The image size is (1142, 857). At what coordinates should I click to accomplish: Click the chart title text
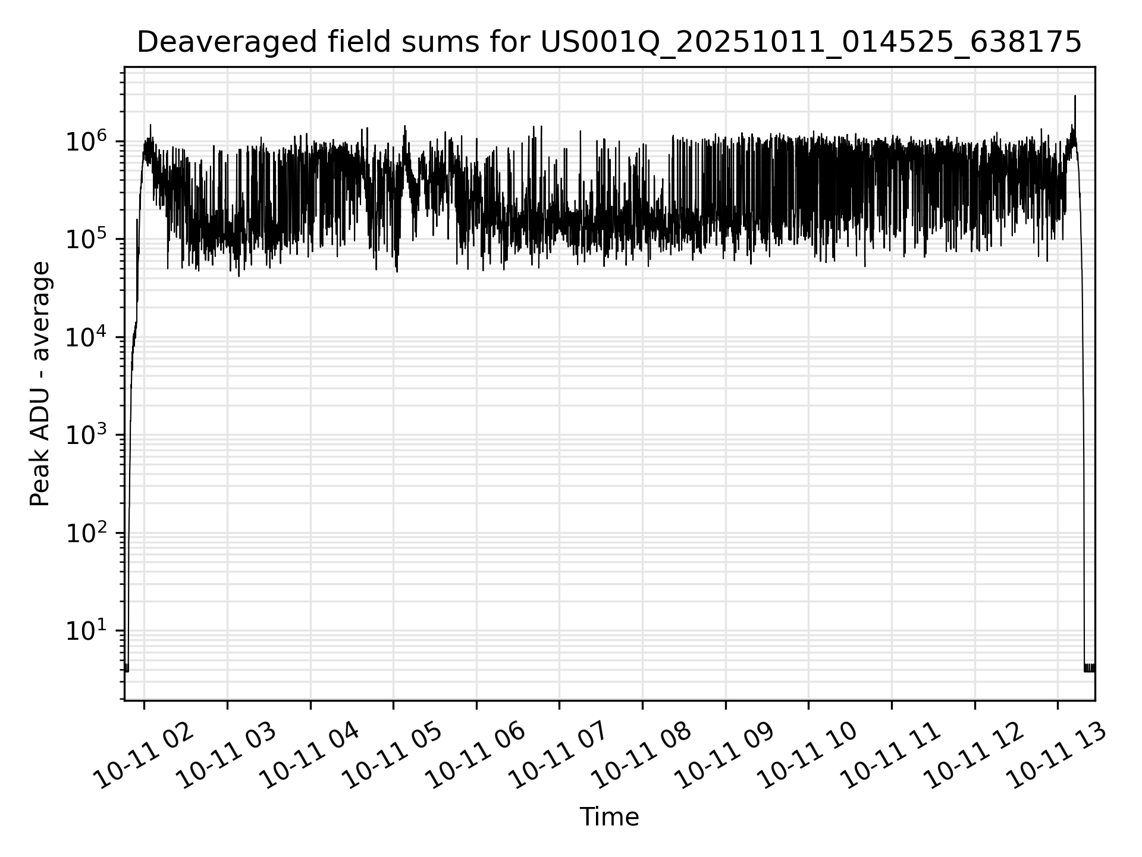click(x=609, y=42)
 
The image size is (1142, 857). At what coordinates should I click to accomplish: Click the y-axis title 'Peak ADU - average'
click(x=40, y=384)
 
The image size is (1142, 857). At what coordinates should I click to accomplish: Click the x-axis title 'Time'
click(x=609, y=817)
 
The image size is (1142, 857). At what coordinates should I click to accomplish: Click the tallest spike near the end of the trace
click(x=1075, y=96)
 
